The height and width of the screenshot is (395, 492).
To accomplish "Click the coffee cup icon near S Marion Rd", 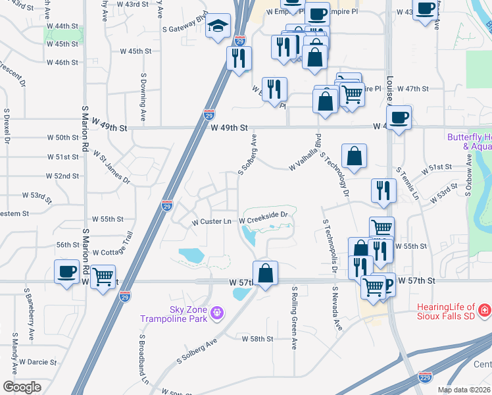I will tap(66, 271).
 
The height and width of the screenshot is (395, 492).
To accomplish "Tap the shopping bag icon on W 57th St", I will tap(265, 273).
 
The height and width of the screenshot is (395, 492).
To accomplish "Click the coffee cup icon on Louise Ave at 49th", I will tap(399, 118).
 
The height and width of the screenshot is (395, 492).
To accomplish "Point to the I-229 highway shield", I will tap(425, 377).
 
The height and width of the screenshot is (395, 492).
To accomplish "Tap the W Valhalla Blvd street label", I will tap(305, 157).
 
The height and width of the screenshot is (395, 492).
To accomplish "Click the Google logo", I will tap(22, 387).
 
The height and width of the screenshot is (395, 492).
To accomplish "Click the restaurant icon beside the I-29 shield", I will tap(239, 57).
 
